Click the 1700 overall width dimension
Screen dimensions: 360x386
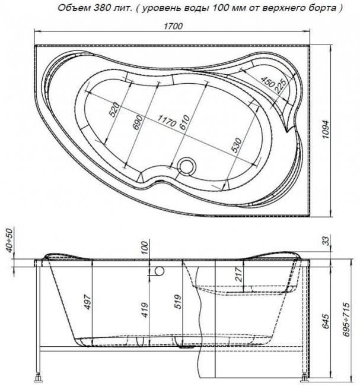coord(173,26)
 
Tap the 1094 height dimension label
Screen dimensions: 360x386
coord(326,129)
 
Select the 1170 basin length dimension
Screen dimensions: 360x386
coord(167,121)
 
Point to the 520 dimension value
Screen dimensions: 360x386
coord(114,109)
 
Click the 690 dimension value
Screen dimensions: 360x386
coord(138,122)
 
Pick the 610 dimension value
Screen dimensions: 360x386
coord(184,122)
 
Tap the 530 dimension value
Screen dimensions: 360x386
coord(237,145)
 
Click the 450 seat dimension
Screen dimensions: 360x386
coord(267,82)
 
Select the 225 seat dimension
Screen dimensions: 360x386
coord(280,86)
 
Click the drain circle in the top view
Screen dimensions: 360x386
coord(187,166)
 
